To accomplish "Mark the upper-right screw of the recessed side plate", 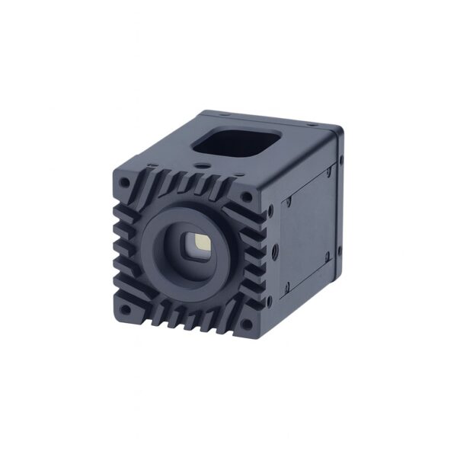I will (x=329, y=172).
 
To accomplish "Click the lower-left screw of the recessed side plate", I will (x=287, y=287).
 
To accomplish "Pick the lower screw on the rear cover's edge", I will (x=340, y=254).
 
